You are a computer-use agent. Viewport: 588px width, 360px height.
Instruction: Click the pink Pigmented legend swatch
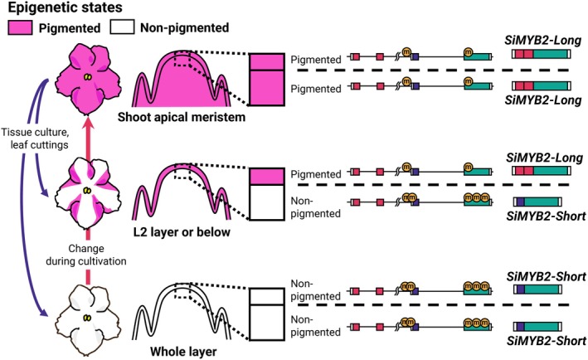coord(20,27)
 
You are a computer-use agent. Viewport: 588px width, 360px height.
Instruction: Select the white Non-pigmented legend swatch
coord(122,27)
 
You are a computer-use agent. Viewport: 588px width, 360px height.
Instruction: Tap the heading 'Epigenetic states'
coord(66,7)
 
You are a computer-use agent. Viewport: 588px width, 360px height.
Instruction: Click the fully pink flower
coord(88,79)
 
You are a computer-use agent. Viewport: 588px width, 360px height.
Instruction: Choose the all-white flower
coord(88,318)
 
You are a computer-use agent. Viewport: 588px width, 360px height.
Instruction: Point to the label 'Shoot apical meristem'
coord(182,117)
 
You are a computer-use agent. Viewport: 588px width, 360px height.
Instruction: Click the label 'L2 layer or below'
coord(182,232)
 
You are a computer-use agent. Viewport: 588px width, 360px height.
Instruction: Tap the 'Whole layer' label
coord(183,352)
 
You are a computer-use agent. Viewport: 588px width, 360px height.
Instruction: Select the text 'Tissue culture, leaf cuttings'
coord(35,139)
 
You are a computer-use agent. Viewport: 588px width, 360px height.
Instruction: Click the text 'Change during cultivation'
coord(86,255)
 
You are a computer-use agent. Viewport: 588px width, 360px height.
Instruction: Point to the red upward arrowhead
coord(88,123)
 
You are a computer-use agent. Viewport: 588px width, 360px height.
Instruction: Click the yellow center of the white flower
coord(87,318)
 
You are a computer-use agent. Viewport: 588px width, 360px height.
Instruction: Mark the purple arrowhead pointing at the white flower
coord(45,314)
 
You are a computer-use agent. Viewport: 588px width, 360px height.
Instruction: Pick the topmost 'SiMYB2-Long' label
coord(542,41)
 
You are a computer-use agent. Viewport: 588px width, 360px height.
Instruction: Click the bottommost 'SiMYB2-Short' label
coord(546,341)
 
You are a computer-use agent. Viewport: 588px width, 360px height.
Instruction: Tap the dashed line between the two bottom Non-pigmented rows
coord(433,305)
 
